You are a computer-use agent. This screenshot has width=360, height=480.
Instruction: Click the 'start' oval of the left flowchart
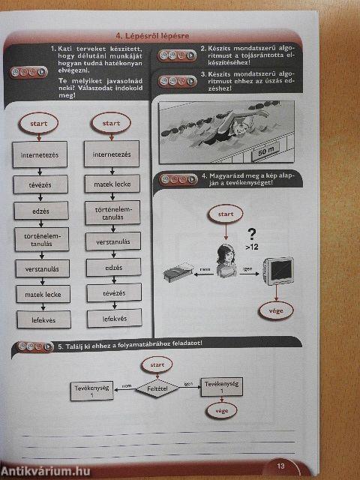[x=40, y=123]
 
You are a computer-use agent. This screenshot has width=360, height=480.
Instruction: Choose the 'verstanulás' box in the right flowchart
[x=114, y=241]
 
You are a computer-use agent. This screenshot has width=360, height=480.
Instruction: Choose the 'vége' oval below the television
[x=270, y=309]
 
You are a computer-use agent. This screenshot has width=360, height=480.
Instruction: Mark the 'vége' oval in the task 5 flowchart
[x=222, y=411]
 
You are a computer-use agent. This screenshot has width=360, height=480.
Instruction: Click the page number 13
[x=280, y=466]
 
